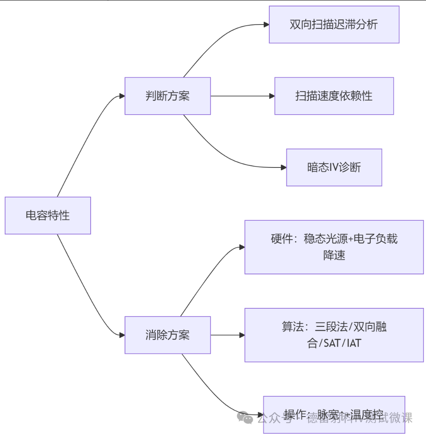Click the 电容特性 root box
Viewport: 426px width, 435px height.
click(x=48, y=216)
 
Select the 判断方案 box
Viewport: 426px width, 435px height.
click(x=167, y=96)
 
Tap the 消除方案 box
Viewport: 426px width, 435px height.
click(x=167, y=335)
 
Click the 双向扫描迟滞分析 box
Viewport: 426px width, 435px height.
click(x=334, y=24)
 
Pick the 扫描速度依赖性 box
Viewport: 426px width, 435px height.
click(x=334, y=96)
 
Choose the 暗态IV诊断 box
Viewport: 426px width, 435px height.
click(x=334, y=167)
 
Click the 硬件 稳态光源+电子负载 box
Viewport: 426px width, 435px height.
click(x=334, y=247)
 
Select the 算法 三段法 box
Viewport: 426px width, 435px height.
click(x=334, y=335)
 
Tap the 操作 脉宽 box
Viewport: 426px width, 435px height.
click(x=334, y=415)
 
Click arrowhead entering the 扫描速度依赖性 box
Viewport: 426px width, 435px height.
click(x=271, y=96)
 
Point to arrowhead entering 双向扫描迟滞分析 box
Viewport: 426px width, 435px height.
click(x=266, y=24)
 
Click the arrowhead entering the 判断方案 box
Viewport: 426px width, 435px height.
click(x=122, y=96)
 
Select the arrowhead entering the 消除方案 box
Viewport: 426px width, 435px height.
click(x=122, y=335)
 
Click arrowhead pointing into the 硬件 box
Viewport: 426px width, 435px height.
click(x=242, y=247)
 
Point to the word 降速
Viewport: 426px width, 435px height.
click(x=334, y=256)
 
